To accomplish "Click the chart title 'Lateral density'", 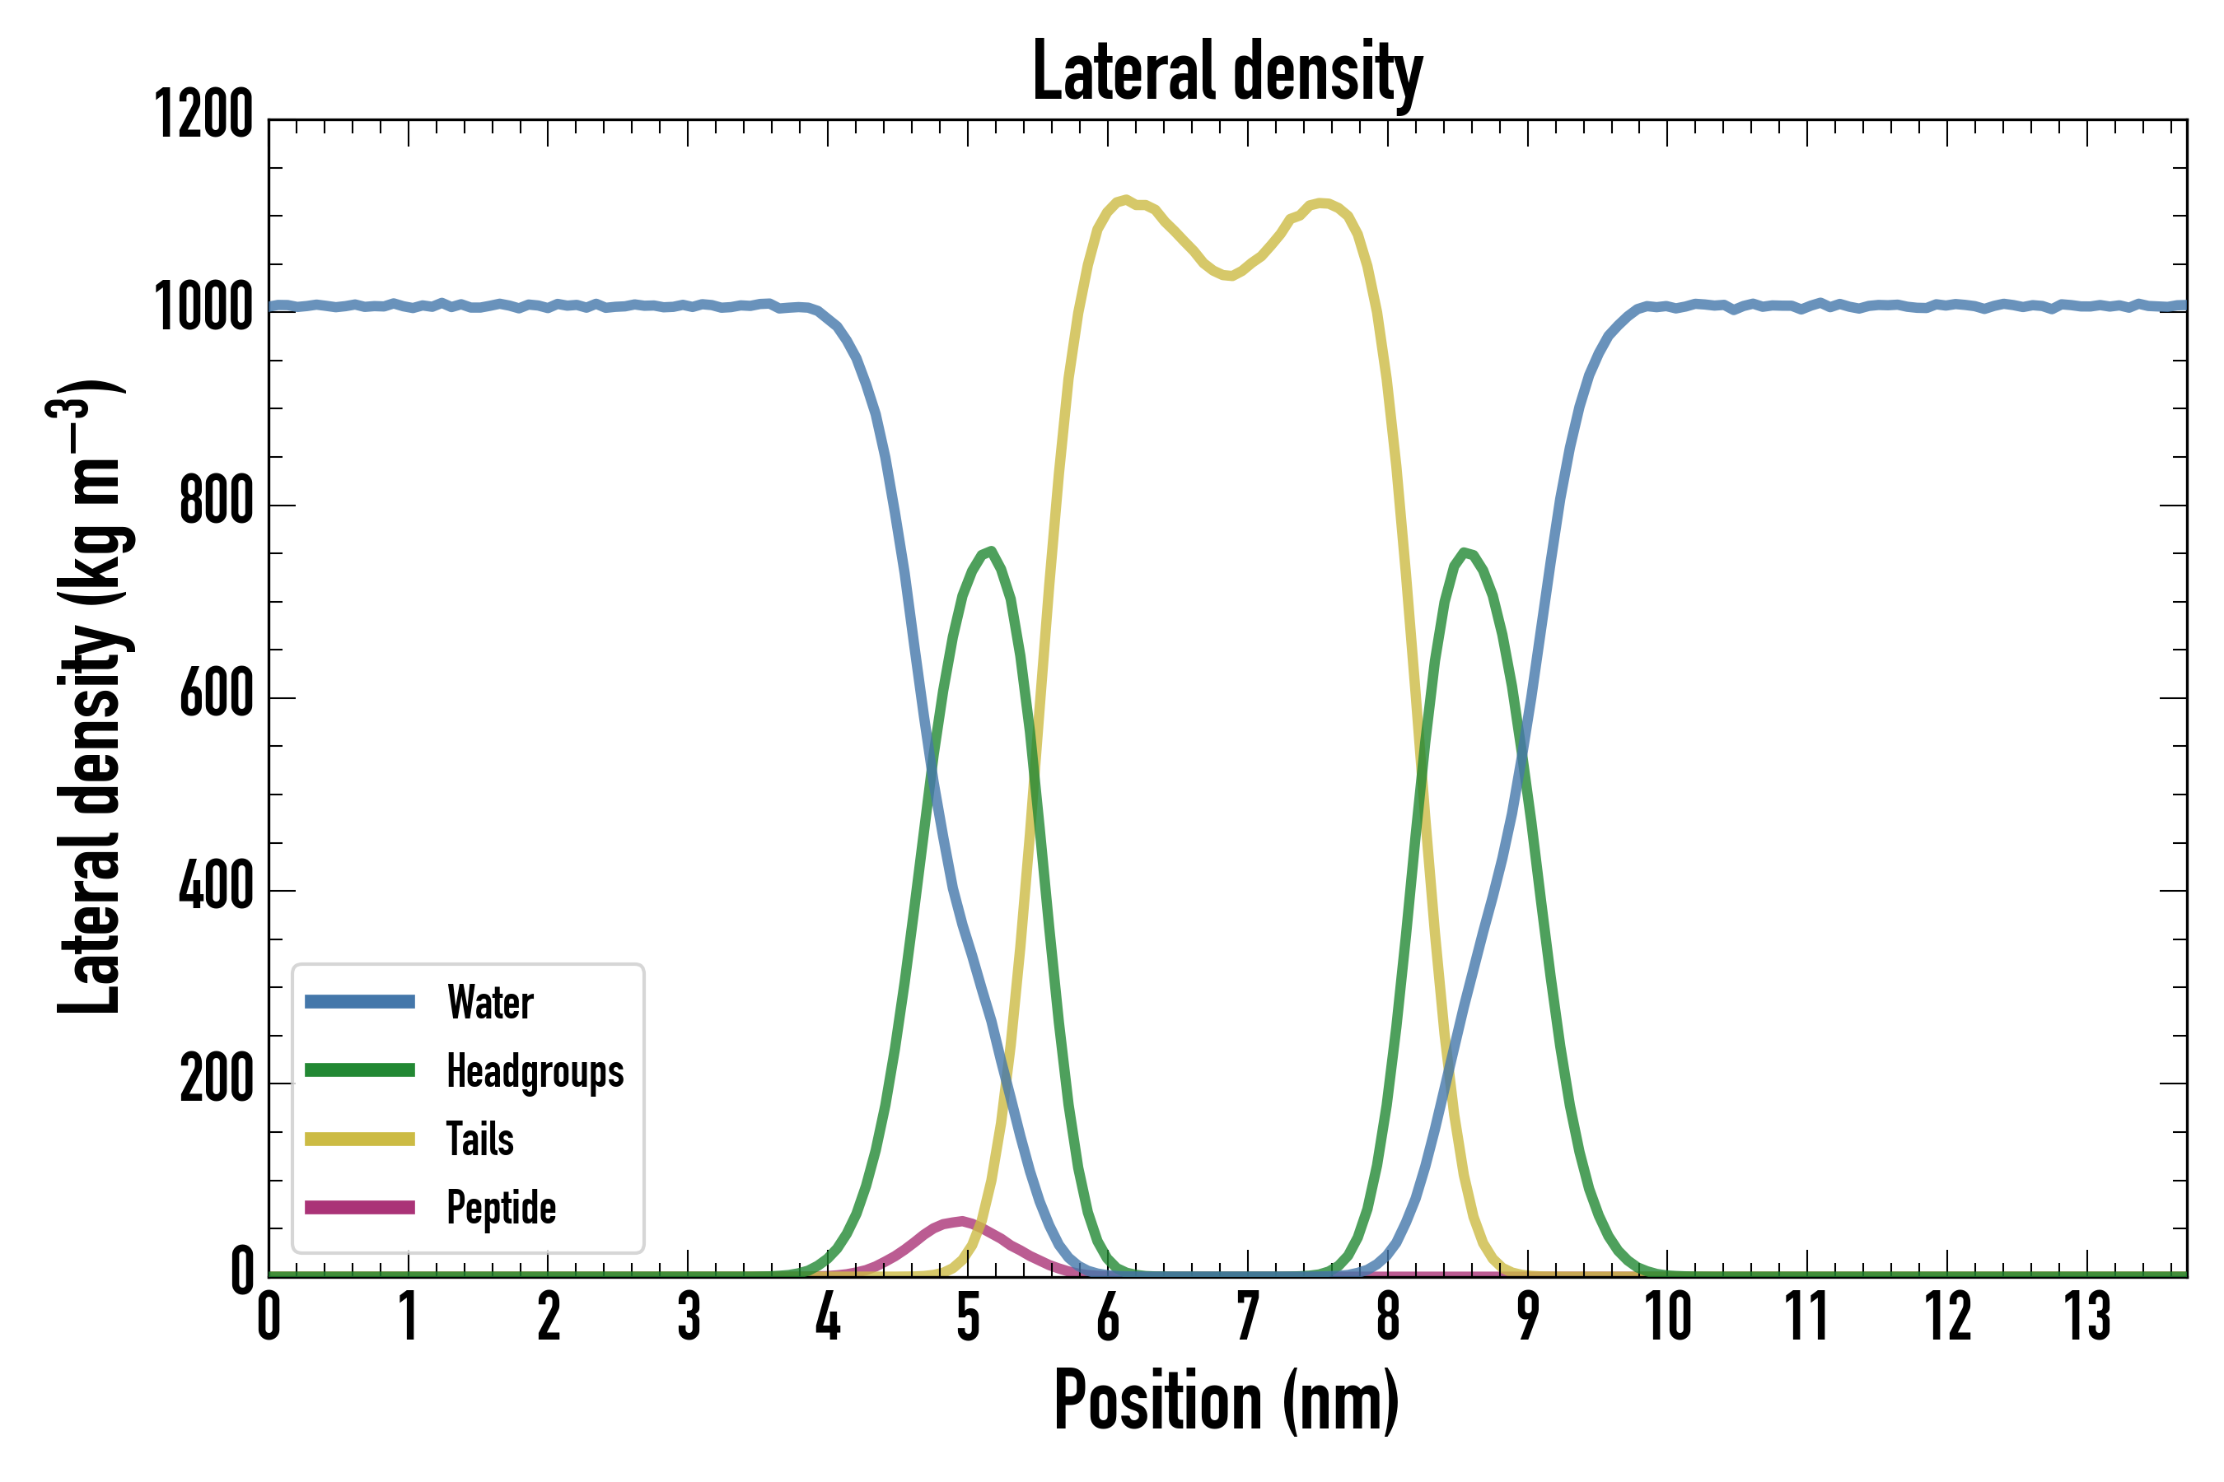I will click(x=1226, y=72).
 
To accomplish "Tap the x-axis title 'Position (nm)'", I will click(x=1226, y=1400).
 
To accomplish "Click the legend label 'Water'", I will click(x=490, y=1002).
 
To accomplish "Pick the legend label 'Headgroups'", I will click(x=535, y=1071).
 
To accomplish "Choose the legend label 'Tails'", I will click(x=479, y=1139).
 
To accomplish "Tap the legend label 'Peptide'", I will click(x=501, y=1207).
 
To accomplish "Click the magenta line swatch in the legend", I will click(x=359, y=1207).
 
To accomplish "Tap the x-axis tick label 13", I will click(x=2088, y=1316).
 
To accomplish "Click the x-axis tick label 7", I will click(x=1248, y=1316).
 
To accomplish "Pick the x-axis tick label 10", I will click(x=1667, y=1316).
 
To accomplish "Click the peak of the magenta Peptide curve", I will click(x=961, y=1221).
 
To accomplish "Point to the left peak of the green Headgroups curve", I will click(x=990, y=551).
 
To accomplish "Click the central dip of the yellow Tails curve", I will click(x=1227, y=276).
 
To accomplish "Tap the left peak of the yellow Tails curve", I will click(x=1125, y=199).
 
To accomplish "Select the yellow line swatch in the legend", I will click(x=359, y=1139).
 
